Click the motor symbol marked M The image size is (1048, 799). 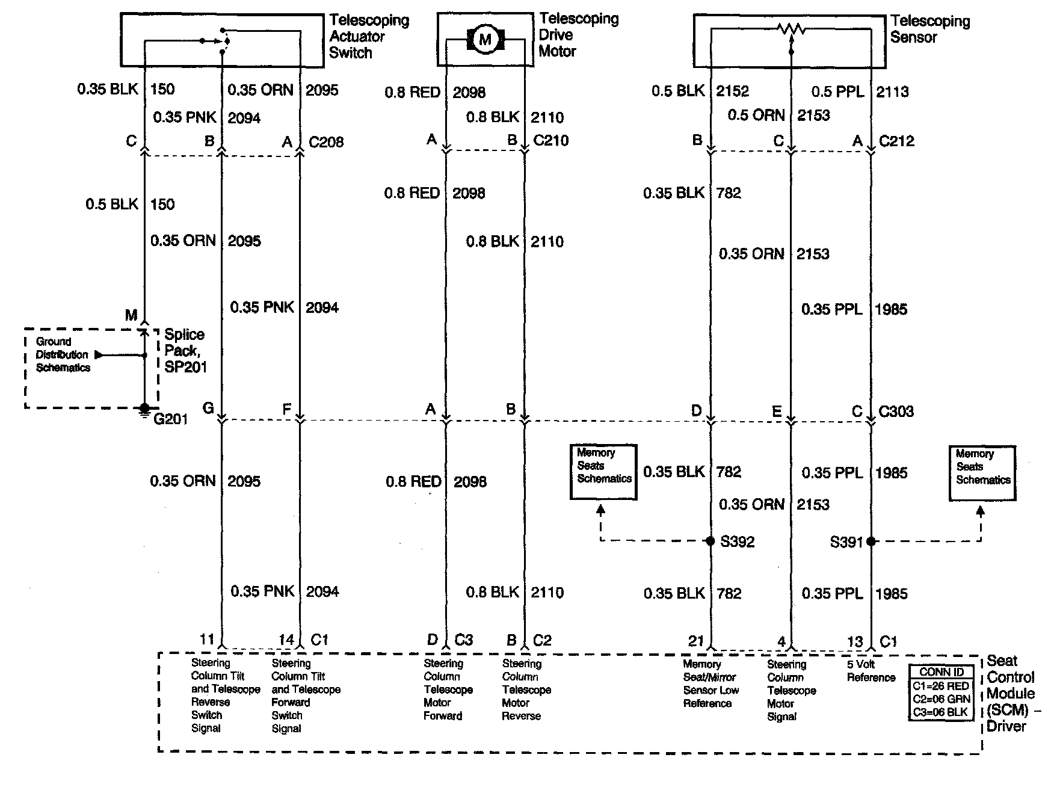click(485, 40)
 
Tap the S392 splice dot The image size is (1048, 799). click(710, 541)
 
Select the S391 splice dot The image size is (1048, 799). click(871, 541)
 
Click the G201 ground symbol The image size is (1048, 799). click(144, 409)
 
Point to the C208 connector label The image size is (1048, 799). click(326, 142)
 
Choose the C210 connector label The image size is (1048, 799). click(551, 140)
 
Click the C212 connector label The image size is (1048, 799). click(896, 141)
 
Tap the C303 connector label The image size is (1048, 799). click(896, 412)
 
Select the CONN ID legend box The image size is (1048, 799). click(941, 692)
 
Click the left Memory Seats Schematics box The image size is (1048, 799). click(603, 472)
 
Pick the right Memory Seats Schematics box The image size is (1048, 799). click(982, 473)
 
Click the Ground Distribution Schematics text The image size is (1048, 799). click(62, 354)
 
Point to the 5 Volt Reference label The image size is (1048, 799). click(871, 671)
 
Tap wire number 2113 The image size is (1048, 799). click(892, 92)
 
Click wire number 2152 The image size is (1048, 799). click(732, 91)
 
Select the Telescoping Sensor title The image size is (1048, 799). click(929, 29)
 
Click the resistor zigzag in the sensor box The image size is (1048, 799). click(791, 28)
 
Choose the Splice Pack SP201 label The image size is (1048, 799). click(185, 351)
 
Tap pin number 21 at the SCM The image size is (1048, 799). click(696, 641)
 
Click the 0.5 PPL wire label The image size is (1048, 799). click(837, 92)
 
